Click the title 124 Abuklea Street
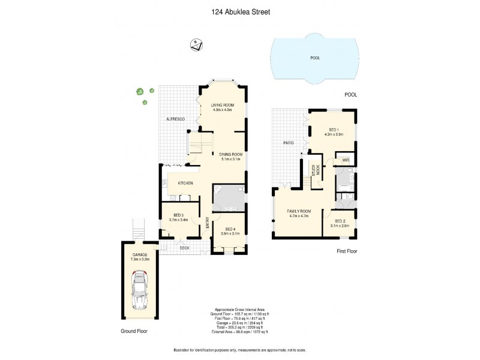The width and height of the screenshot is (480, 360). (x=240, y=11)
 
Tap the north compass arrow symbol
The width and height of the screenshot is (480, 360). (x=196, y=44)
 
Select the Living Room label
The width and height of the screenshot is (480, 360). (x=221, y=106)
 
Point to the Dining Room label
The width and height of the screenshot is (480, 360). (x=231, y=154)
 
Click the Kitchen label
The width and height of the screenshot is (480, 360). (x=185, y=182)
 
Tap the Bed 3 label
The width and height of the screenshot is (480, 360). (x=178, y=215)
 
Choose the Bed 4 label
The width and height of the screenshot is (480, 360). (x=230, y=229)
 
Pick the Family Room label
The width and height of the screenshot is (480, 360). (x=298, y=211)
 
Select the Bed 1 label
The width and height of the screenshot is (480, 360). (x=333, y=130)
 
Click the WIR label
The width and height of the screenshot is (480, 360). (x=346, y=160)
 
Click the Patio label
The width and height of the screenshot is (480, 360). (x=288, y=143)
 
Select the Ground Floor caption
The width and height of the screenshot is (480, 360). (x=133, y=331)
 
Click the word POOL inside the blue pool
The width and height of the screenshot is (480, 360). (x=315, y=58)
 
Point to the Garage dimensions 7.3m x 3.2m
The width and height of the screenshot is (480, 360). (x=140, y=259)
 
